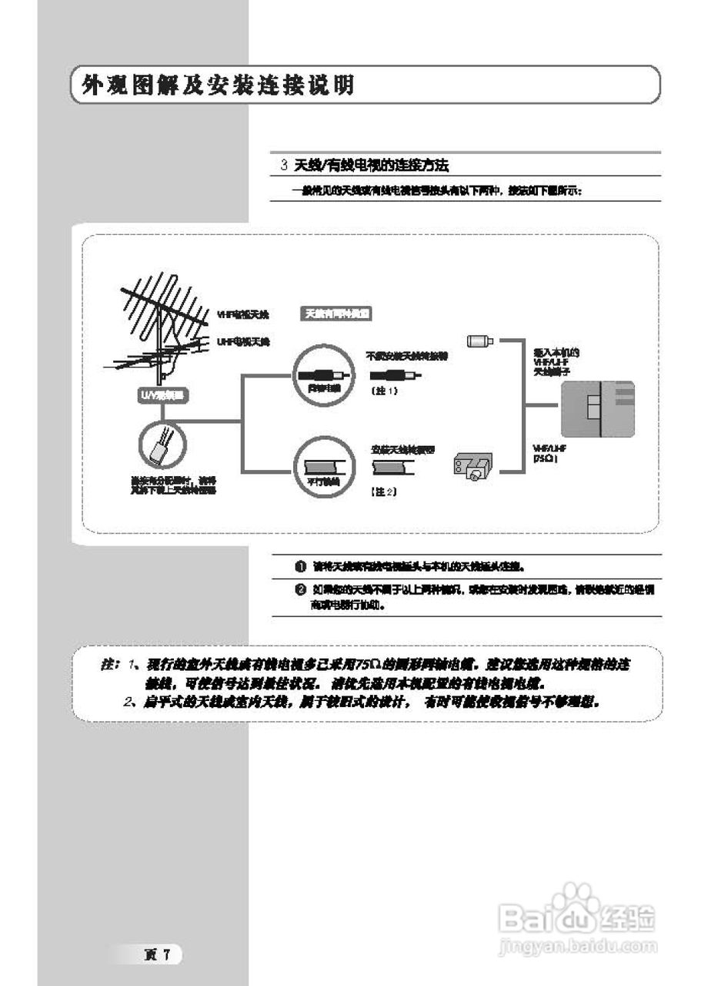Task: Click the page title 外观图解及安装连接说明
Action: coord(219,86)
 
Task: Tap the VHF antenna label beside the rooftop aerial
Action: coord(243,315)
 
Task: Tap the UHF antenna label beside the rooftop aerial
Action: coord(243,340)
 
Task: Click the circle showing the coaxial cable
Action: coord(322,375)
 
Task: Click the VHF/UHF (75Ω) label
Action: coord(549,453)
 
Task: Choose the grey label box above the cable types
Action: coord(335,314)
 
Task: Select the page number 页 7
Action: coord(162,954)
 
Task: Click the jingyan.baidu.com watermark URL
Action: coord(577,944)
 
